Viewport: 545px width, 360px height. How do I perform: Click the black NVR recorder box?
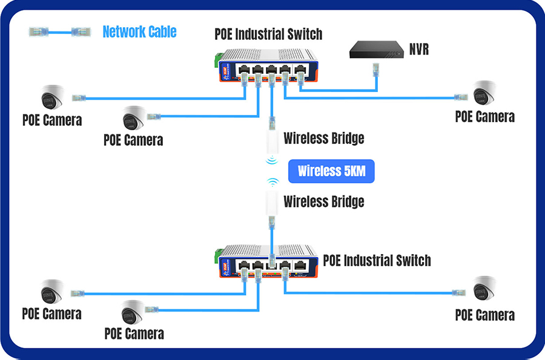click(x=375, y=50)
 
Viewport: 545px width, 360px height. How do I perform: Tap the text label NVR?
click(x=418, y=50)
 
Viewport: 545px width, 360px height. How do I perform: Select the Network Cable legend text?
click(x=139, y=31)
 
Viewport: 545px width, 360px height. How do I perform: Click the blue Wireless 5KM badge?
click(x=332, y=171)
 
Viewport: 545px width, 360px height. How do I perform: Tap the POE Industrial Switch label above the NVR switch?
click(x=268, y=33)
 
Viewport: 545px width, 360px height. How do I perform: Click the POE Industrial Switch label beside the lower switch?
click(x=377, y=261)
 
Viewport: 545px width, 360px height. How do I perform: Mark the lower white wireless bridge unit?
click(x=272, y=206)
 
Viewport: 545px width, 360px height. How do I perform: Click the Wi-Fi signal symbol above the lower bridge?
click(x=273, y=182)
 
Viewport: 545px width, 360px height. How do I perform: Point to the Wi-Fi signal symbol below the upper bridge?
click(x=272, y=160)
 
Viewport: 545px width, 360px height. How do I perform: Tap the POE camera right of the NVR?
click(x=484, y=93)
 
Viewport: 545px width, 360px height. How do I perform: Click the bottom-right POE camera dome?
click(x=484, y=289)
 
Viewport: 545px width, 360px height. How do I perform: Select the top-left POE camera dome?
click(x=53, y=97)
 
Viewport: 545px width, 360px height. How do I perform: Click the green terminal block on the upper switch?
click(x=217, y=59)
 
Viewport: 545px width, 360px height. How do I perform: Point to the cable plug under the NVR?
click(x=375, y=68)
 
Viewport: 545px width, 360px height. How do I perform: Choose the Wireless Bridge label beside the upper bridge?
click(x=324, y=139)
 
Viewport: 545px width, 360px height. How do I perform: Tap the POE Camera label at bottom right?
click(x=484, y=315)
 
